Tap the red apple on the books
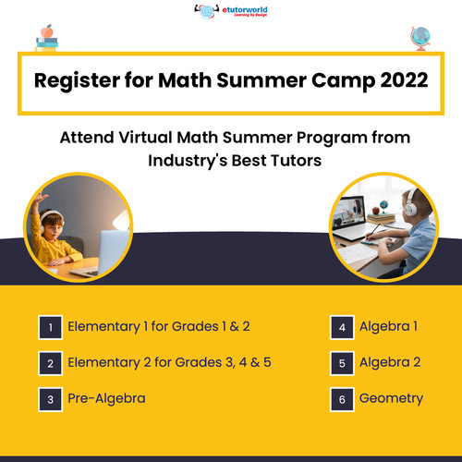(46, 30)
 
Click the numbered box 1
(51, 327)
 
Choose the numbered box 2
(51, 363)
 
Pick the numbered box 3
(51, 399)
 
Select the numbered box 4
(341, 327)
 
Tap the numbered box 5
(341, 363)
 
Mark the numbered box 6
(341, 399)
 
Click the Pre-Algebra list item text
(106, 399)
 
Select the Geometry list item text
(391, 399)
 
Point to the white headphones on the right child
(409, 209)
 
